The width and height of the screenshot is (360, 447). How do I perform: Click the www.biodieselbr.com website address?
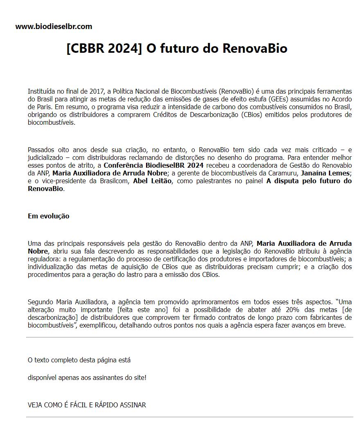[x=54, y=27]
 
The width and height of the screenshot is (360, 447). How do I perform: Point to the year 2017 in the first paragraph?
[x=96, y=91]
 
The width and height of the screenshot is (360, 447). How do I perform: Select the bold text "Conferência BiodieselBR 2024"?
[x=153, y=165]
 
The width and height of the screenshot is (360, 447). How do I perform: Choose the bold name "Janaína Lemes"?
[x=325, y=173]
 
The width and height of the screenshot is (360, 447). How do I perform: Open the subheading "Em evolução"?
[x=48, y=216]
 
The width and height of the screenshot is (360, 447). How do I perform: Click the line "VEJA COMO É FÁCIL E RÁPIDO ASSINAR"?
[x=87, y=405]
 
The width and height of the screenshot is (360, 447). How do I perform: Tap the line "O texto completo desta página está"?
[x=79, y=360]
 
